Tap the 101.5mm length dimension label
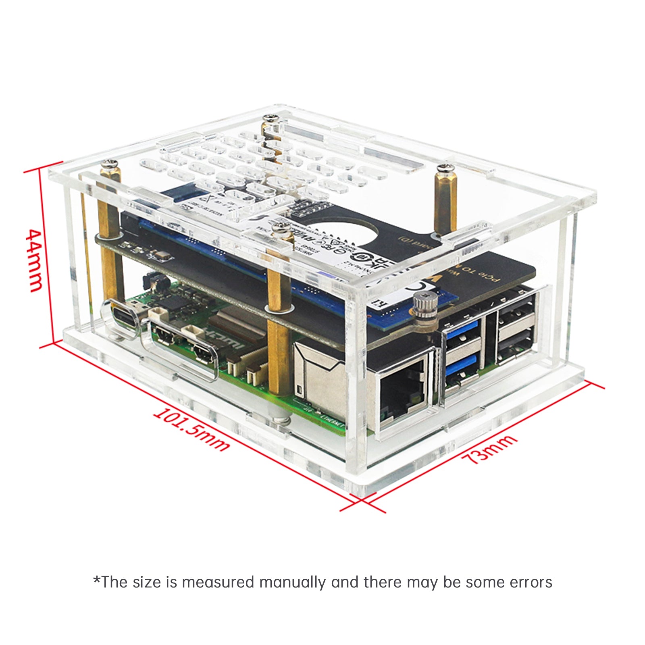click(191, 429)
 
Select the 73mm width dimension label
click(489, 449)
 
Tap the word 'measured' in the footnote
click(218, 583)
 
